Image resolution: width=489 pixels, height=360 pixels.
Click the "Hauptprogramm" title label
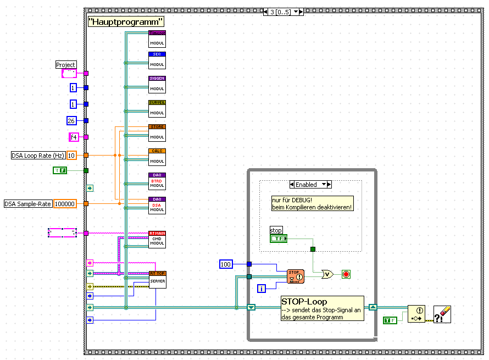[x=126, y=22]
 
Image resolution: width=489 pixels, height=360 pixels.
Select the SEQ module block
[x=157, y=60]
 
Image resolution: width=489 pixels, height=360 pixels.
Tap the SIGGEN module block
[x=157, y=84]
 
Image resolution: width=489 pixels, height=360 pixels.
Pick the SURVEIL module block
[x=157, y=108]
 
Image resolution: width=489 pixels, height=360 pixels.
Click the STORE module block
[x=157, y=132]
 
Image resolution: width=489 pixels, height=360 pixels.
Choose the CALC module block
[x=157, y=157]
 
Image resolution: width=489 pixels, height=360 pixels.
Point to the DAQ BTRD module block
[x=157, y=181]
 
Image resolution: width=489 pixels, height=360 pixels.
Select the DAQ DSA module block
[x=157, y=205]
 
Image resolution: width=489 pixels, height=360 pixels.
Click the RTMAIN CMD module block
[x=157, y=239]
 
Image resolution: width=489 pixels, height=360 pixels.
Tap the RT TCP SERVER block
[x=157, y=279]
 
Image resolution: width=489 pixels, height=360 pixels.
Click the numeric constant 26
[x=71, y=121]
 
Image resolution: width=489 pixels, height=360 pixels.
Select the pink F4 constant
[x=74, y=137]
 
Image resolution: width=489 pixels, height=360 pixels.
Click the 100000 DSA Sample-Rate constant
[x=65, y=204]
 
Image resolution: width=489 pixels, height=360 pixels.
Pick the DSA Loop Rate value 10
[x=71, y=156]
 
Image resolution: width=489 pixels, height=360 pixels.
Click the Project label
[x=66, y=65]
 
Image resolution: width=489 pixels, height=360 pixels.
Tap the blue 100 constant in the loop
[x=226, y=264]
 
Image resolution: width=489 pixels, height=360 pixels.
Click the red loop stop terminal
[x=346, y=274]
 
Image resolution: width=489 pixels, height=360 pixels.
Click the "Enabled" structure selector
[x=310, y=185]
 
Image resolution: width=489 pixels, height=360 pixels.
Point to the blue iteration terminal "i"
[x=262, y=288]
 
